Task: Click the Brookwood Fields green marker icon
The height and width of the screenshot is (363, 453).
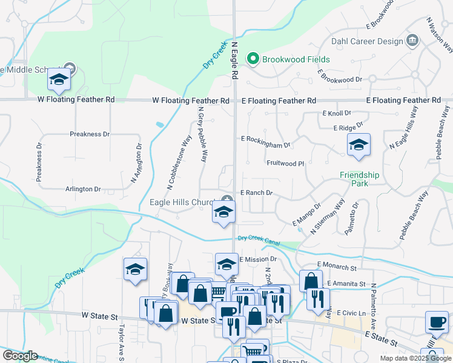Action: click(252, 59)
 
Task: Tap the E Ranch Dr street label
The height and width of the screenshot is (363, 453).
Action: click(257, 193)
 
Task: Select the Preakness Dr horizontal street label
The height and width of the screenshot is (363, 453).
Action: click(90, 134)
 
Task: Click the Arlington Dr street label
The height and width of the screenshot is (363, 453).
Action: click(83, 189)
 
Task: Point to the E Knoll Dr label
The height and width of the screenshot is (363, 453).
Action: click(337, 113)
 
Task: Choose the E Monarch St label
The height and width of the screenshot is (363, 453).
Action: click(337, 267)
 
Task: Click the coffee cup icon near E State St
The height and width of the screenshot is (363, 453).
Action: click(437, 322)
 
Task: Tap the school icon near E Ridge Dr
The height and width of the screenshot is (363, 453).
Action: click(359, 145)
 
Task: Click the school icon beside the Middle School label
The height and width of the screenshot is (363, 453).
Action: click(59, 79)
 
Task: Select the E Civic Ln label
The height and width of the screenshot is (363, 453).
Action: click(351, 313)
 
